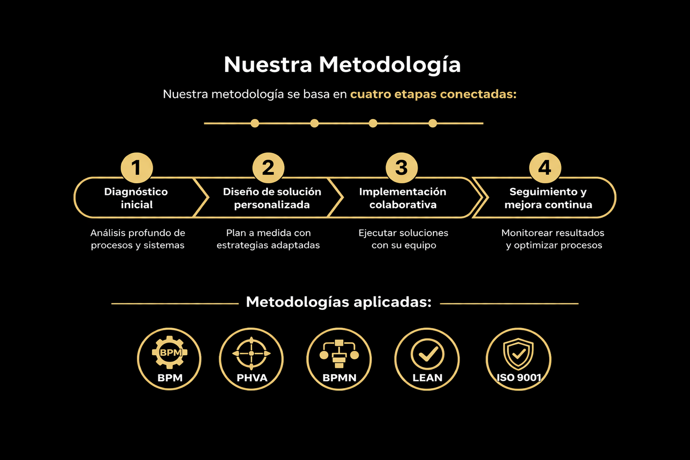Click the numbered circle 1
coord(137,168)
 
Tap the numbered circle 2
coord(268,168)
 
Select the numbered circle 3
coord(402,168)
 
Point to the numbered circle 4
coord(545,168)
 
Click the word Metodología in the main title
coord(389,65)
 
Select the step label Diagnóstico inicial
coord(136,198)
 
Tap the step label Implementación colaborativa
coord(402,198)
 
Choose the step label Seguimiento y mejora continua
coord(548,198)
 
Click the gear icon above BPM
coord(169,352)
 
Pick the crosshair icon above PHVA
coord(251,354)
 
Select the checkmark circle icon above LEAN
coord(427,354)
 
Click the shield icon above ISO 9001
coord(518,354)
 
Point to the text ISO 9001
coord(519,378)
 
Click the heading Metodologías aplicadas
coord(339,302)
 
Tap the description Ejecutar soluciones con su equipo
coord(403,239)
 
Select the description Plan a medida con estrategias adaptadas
coord(268,239)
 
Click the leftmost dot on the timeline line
coord(255,123)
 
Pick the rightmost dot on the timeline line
coord(433,123)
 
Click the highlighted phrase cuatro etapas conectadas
coord(433,94)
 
